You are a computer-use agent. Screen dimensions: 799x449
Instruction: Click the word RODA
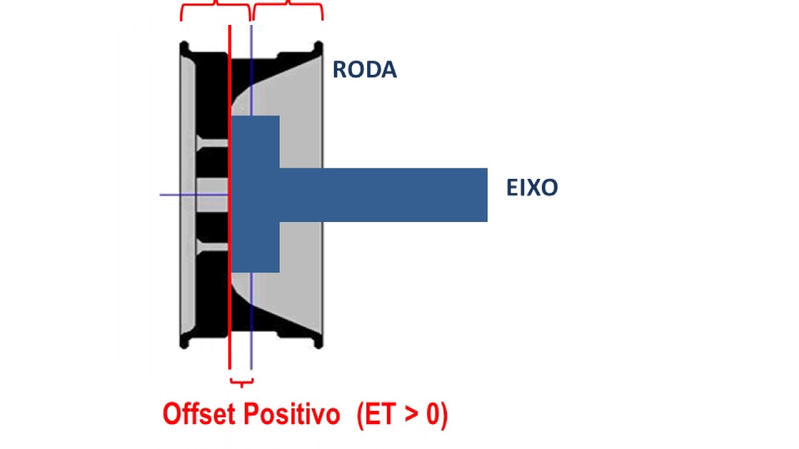click(x=365, y=70)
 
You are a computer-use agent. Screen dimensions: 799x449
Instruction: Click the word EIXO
click(x=532, y=188)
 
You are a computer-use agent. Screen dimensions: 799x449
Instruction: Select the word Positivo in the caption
click(x=292, y=414)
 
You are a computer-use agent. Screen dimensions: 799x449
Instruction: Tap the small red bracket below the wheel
click(x=241, y=382)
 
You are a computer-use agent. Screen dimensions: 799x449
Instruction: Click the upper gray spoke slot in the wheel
click(x=212, y=143)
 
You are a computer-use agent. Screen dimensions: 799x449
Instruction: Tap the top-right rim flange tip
click(x=318, y=47)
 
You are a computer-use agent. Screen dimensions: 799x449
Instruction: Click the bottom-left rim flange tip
click(x=184, y=342)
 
